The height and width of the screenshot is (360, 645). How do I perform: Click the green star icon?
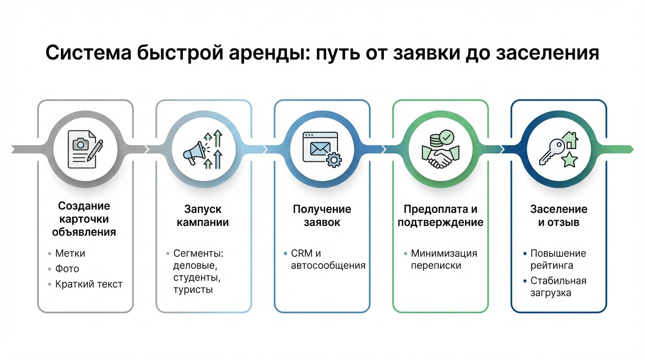point(570,160)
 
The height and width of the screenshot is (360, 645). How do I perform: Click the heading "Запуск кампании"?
point(202,215)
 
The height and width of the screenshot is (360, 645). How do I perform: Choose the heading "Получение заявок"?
point(322,215)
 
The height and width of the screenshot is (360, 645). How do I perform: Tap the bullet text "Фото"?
point(67,269)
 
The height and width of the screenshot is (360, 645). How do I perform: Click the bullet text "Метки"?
point(70,254)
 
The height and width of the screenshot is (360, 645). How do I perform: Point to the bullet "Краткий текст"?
point(89,284)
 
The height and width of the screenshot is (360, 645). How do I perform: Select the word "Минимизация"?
point(444,254)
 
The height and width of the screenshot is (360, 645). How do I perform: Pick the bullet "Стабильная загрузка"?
point(558,287)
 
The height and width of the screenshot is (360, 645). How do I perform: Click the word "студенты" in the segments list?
point(196,278)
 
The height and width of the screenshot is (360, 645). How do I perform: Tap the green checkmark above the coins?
point(446,137)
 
